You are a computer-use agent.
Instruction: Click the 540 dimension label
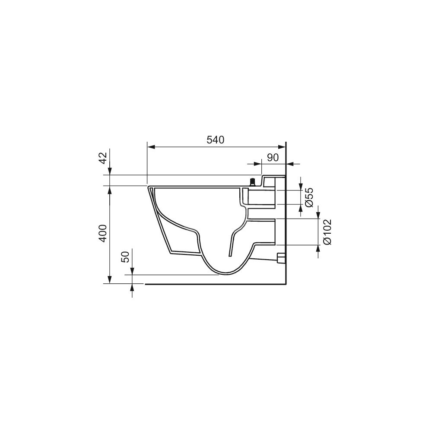(216, 140)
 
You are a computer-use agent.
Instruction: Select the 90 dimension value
(273, 157)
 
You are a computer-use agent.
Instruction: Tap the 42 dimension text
(103, 158)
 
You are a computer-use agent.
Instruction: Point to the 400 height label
(103, 234)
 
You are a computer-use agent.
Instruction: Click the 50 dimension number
(125, 257)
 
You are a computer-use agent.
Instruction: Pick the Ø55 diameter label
(309, 197)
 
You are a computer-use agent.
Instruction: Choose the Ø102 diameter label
(327, 232)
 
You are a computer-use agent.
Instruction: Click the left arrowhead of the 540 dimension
(151, 147)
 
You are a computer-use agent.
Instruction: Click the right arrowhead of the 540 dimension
(282, 147)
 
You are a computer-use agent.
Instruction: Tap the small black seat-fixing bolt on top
(252, 182)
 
